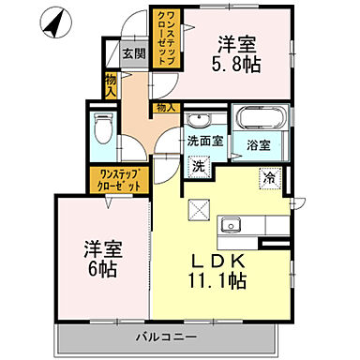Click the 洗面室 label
204,141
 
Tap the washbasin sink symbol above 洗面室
200,120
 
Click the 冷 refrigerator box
270,174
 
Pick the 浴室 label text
259,145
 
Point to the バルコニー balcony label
165,335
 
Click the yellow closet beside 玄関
165,37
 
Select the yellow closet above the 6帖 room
116,179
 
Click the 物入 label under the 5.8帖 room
165,108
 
